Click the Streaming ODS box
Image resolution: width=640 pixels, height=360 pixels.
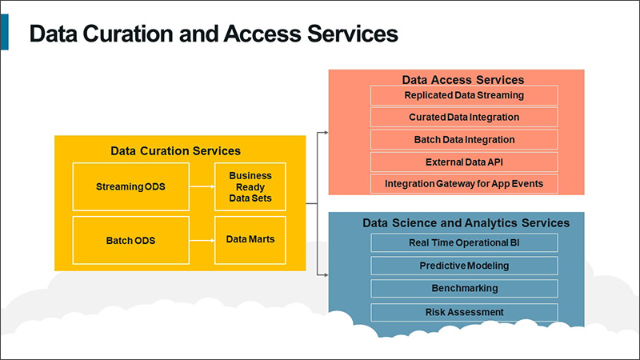[x=131, y=187]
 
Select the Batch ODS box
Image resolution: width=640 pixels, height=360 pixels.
[x=131, y=240]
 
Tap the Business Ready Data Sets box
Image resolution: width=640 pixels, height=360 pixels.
[x=250, y=187]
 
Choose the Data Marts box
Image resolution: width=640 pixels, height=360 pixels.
[x=250, y=239]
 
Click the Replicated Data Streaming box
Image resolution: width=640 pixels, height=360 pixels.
[x=464, y=95]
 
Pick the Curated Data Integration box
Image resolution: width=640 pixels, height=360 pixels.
[x=464, y=117]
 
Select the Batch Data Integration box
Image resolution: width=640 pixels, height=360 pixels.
[x=464, y=139]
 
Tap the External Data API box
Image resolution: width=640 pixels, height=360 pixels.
[x=464, y=162]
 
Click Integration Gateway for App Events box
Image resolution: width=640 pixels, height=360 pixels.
[x=464, y=183]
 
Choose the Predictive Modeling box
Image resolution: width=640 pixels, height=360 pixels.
[x=464, y=266]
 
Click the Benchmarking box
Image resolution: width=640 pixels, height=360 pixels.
[x=464, y=288]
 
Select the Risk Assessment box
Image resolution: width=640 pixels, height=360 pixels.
[x=464, y=311]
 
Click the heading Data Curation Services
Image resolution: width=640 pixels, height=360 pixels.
[x=175, y=150]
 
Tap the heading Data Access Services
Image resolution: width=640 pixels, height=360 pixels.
[x=463, y=80]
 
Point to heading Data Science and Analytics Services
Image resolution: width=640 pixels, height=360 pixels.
[x=466, y=222]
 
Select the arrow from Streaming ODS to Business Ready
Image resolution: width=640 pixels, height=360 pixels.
[x=202, y=187]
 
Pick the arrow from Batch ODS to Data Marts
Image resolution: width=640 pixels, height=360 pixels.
[x=202, y=240]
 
